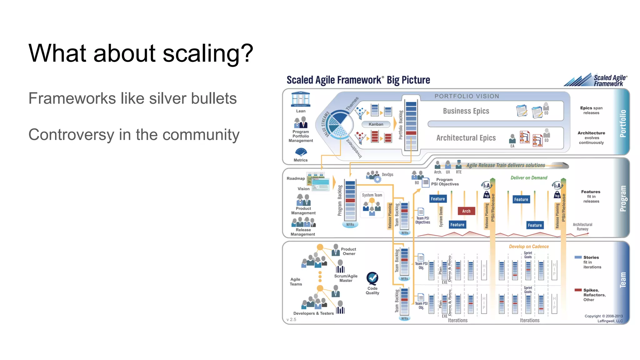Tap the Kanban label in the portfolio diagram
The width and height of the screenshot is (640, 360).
pyautogui.click(x=376, y=124)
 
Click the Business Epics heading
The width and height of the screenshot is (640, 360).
pyautogui.click(x=466, y=111)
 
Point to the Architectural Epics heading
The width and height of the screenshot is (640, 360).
pyautogui.click(x=466, y=138)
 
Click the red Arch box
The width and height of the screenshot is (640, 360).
pyautogui.click(x=466, y=211)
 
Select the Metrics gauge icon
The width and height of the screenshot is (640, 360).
pyautogui.click(x=301, y=152)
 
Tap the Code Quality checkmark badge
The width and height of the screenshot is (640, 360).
pyautogui.click(x=372, y=277)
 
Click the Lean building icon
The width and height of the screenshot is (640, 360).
pyautogui.click(x=300, y=99)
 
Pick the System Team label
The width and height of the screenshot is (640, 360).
pyautogui.click(x=372, y=195)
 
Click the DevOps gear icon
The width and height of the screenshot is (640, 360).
pyautogui.click(x=377, y=179)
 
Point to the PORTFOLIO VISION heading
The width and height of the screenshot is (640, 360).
pyautogui.click(x=467, y=96)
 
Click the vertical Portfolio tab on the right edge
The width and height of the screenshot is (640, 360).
pyautogui.click(x=622, y=123)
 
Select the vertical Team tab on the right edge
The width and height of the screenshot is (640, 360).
pyautogui.click(x=622, y=280)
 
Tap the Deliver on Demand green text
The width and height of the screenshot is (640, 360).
pyautogui.click(x=529, y=178)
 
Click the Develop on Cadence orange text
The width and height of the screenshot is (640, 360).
pyautogui.click(x=528, y=247)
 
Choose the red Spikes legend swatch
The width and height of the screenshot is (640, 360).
pyautogui.click(x=578, y=290)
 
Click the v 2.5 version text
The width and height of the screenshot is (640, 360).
pyautogui.click(x=291, y=319)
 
